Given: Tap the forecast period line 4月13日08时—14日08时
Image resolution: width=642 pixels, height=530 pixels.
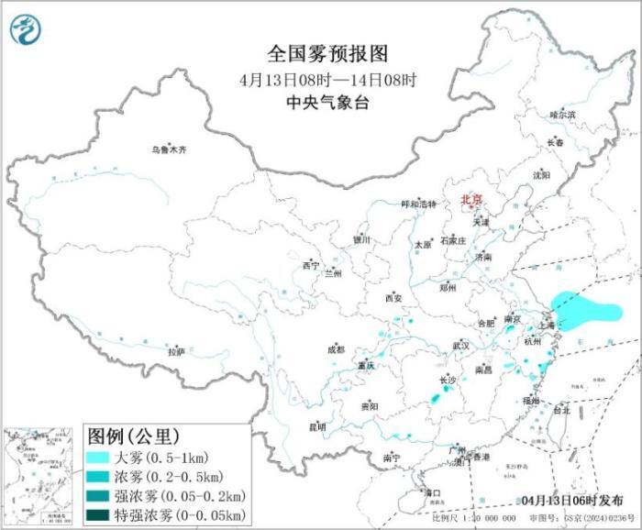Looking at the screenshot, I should (310, 78).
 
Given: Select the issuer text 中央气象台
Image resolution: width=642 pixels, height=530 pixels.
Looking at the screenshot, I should (310, 103).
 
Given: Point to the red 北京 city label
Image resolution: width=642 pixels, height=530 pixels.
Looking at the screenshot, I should (471, 198).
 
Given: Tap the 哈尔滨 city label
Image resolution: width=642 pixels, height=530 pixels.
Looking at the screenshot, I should (562, 115).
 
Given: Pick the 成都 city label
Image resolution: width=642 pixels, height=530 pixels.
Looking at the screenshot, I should (337, 348).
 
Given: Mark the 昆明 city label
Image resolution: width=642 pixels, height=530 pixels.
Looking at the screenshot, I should (317, 426).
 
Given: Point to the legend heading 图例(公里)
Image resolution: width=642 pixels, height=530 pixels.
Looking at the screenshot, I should (133, 434).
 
